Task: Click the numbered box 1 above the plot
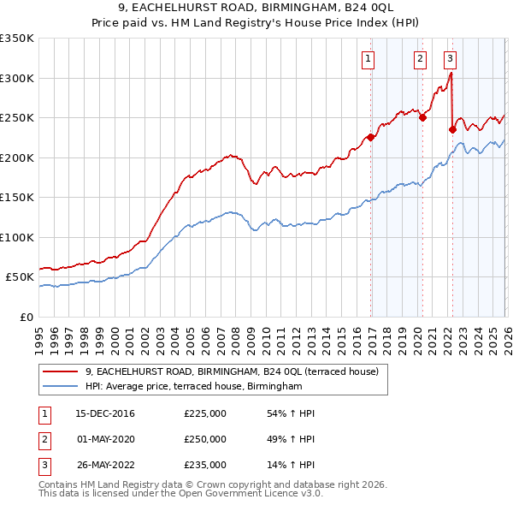[x=368, y=58]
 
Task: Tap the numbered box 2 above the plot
[x=420, y=58]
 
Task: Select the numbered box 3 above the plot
[x=450, y=58]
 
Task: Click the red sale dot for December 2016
[x=371, y=137]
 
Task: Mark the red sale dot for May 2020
[x=422, y=118]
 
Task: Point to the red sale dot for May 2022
[x=452, y=130]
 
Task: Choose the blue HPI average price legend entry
[x=194, y=387]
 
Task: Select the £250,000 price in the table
[x=205, y=439]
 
